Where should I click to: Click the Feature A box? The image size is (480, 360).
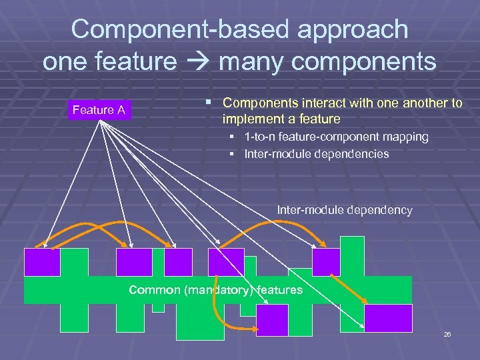99,110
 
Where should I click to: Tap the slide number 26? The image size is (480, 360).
447,334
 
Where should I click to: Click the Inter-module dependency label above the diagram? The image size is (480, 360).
345,210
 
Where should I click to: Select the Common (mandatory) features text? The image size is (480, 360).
215,290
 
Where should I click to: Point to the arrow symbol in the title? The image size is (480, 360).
197,62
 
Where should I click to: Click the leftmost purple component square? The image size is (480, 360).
42,262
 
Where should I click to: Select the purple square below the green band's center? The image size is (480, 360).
272,320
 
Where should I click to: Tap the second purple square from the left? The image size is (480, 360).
134,262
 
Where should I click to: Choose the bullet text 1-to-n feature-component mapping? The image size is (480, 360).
337,137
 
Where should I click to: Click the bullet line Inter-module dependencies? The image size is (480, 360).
317,154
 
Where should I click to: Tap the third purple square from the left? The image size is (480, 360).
178,262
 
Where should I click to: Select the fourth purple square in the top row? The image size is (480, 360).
226,262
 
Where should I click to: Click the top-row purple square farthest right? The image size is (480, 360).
327,262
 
